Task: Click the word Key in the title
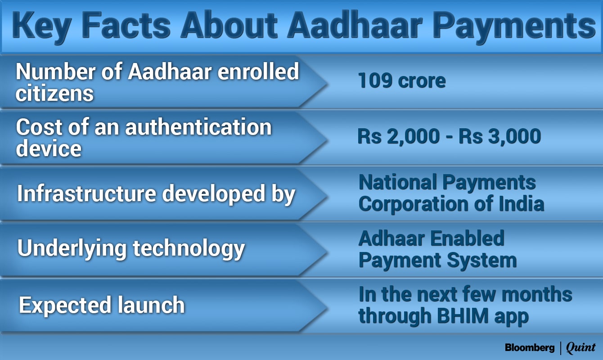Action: (x=41, y=27)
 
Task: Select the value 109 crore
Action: (x=402, y=81)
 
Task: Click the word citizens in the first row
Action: (x=54, y=94)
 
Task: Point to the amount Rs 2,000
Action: (x=399, y=136)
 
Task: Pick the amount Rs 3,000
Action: (x=500, y=136)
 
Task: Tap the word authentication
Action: (x=198, y=127)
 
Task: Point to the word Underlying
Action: (x=72, y=248)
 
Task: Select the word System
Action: (x=482, y=261)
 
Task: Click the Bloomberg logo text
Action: (x=530, y=347)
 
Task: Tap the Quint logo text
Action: (x=580, y=347)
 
